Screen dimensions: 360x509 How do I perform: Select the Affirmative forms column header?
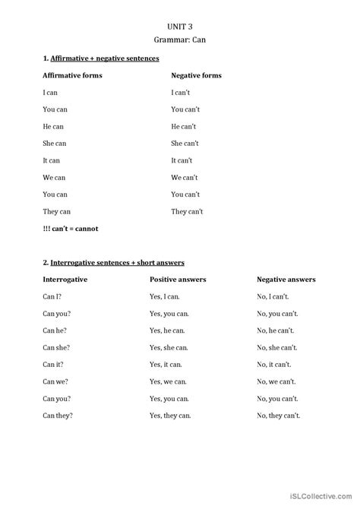[73, 75]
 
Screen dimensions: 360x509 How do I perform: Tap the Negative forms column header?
[197, 75]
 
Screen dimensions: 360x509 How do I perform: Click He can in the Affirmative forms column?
[55, 126]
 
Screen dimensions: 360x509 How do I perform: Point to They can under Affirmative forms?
[57, 211]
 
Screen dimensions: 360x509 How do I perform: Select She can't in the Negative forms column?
[185, 143]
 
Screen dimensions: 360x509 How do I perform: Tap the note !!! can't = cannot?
[71, 228]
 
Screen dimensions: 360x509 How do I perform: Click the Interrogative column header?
[66, 279]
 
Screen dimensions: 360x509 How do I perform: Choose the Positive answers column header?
[178, 279]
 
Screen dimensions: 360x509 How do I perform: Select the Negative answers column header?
[286, 279]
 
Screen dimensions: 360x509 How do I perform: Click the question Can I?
[52, 296]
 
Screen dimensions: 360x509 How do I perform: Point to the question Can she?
[57, 347]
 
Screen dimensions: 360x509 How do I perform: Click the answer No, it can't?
[274, 364]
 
